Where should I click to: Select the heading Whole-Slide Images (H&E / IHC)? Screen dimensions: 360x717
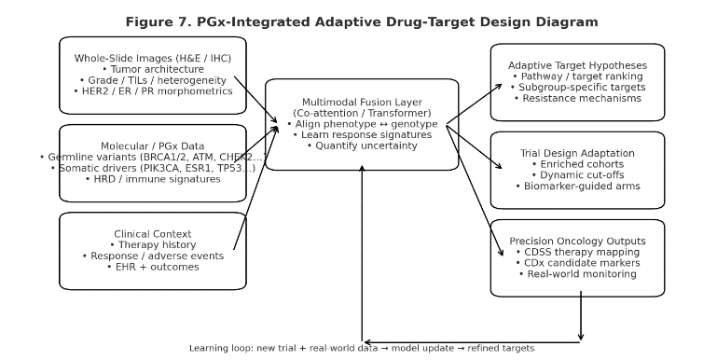153,58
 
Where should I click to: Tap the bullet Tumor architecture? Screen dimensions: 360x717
153,69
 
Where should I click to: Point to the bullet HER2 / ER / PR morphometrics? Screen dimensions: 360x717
153,91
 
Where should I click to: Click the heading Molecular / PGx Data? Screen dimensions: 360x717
153,146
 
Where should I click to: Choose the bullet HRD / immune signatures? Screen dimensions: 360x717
153,179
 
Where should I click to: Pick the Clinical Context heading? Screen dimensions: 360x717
153,234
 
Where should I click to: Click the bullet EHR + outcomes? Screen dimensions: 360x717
153,267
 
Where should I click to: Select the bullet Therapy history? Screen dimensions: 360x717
153,245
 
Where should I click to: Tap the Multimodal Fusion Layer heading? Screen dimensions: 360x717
362,102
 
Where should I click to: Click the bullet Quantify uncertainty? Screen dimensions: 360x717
362,145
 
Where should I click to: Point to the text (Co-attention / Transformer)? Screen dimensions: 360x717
362,113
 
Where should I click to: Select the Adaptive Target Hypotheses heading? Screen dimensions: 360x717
577,65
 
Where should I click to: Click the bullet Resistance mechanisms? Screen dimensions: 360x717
577,98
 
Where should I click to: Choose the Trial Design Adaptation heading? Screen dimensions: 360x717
577,153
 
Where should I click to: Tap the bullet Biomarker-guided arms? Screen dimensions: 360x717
577,186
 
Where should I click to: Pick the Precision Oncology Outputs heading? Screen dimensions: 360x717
577,241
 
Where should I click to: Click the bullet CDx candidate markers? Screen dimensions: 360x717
577,263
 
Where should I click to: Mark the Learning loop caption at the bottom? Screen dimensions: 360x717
362,348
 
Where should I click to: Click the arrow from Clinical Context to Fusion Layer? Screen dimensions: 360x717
255,187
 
